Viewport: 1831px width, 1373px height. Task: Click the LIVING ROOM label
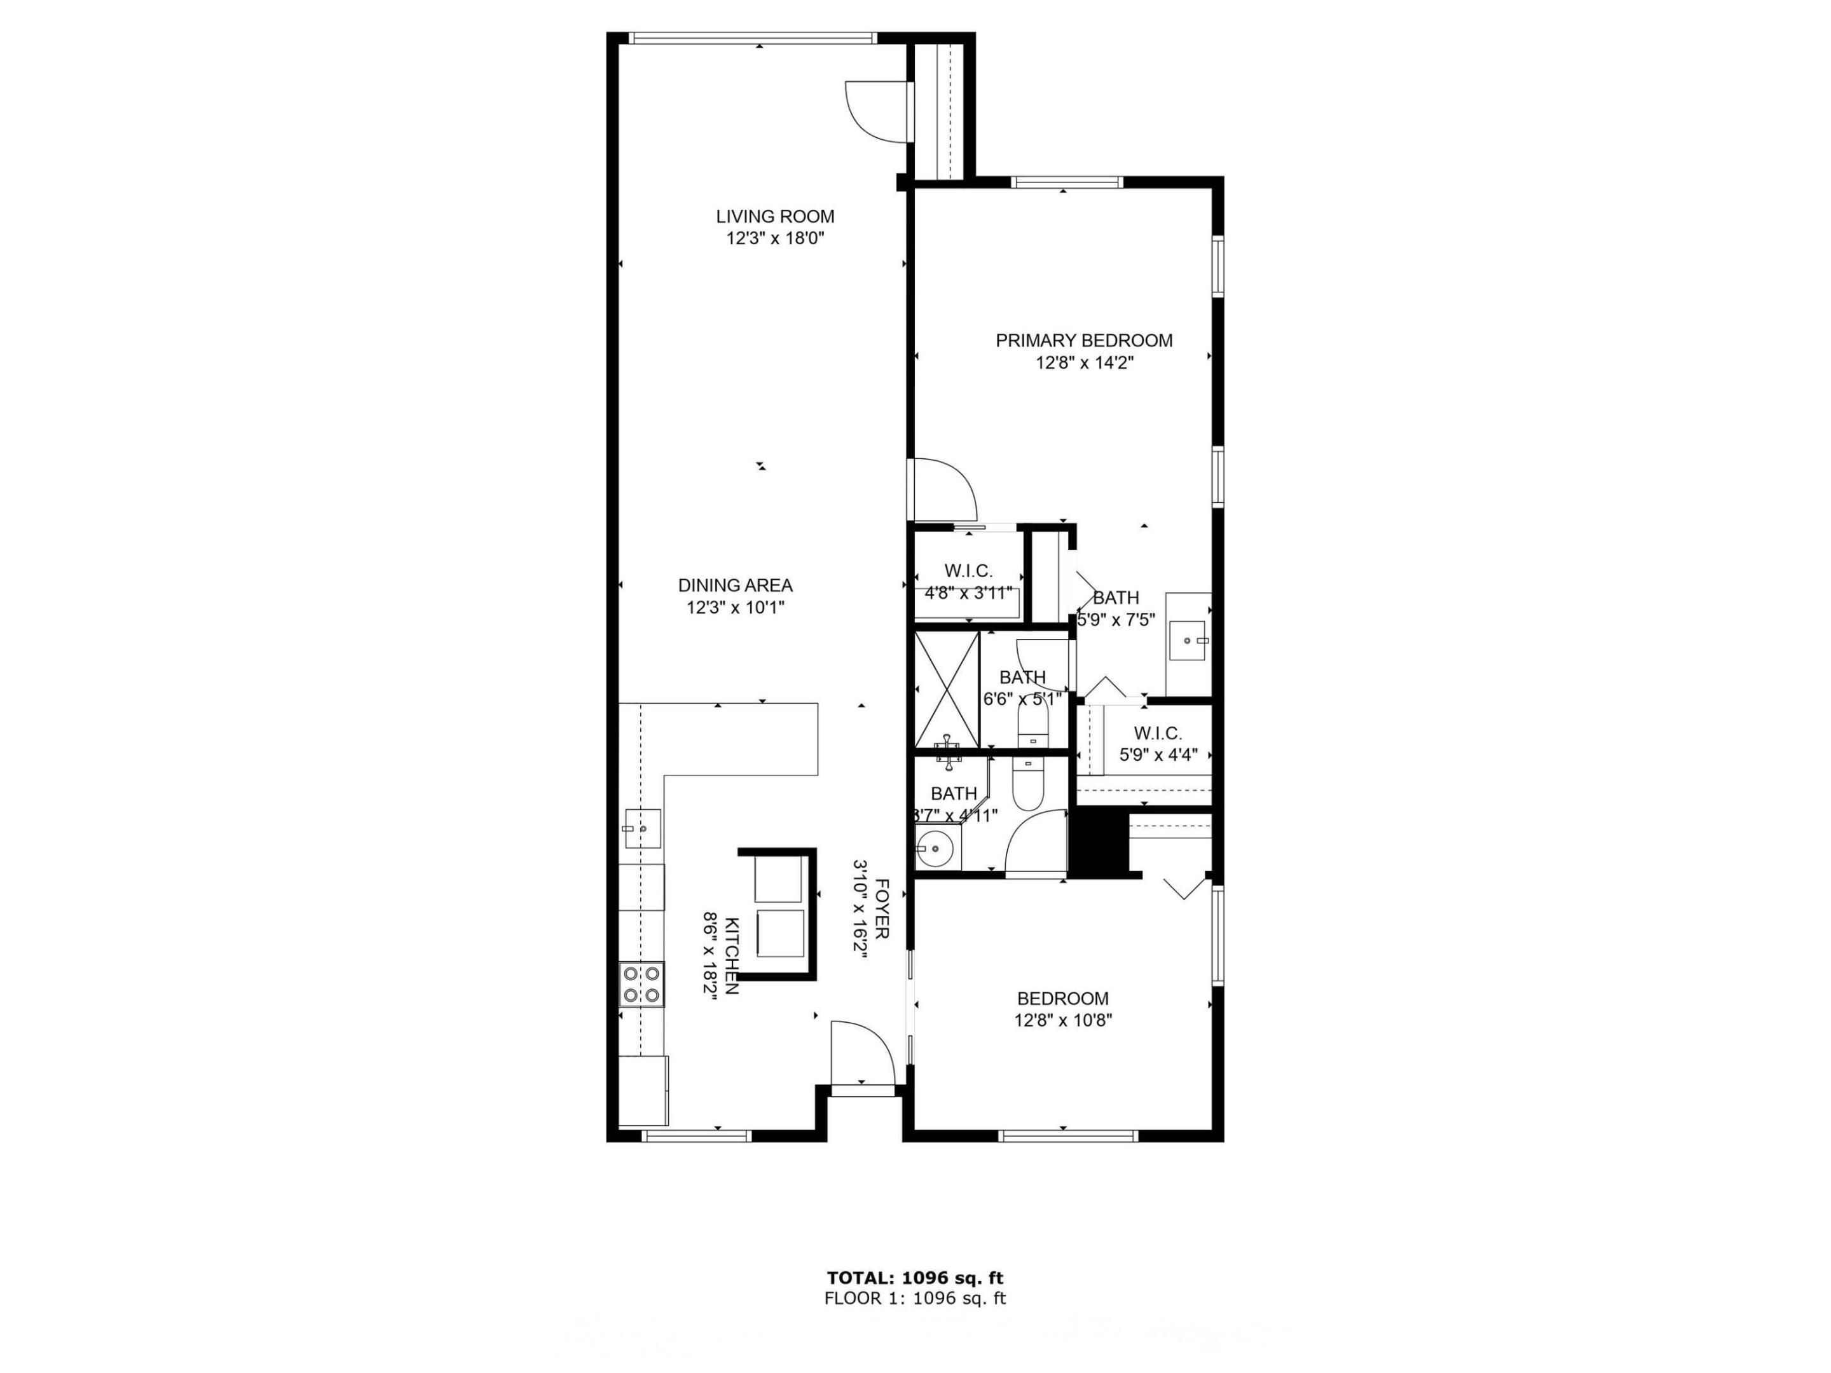[x=775, y=217]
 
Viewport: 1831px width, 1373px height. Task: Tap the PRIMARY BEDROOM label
[x=1083, y=340]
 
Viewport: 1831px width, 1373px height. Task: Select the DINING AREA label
[x=735, y=585]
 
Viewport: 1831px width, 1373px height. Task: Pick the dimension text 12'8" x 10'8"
[x=1063, y=1020]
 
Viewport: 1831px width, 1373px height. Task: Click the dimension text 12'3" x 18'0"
[x=775, y=239]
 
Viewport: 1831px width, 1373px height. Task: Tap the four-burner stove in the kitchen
[x=641, y=984]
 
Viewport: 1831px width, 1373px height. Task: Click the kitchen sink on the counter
[x=641, y=828]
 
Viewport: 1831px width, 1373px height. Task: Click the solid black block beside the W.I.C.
[x=1099, y=842]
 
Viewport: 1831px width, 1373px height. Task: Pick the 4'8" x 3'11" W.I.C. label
[x=968, y=581]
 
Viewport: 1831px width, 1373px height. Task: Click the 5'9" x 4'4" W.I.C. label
[x=1158, y=744]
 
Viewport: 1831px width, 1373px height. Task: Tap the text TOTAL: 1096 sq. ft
[x=915, y=1278]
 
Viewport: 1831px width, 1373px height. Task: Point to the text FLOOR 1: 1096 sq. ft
[x=915, y=1299]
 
